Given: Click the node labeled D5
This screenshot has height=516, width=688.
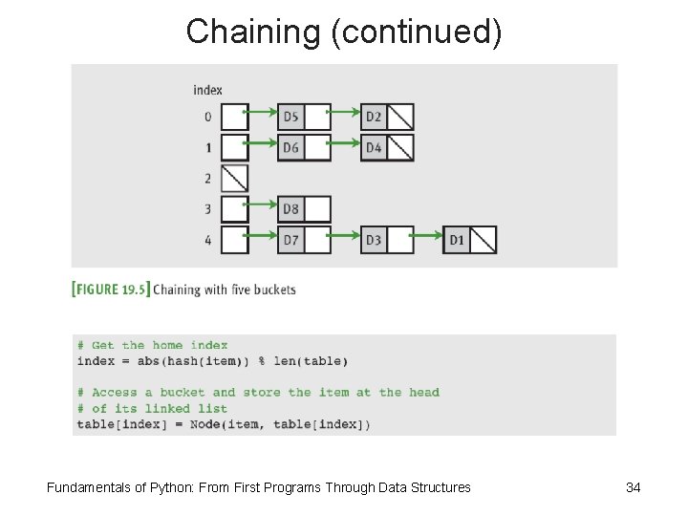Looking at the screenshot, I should [x=291, y=117].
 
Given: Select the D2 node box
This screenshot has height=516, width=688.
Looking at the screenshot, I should [x=374, y=117].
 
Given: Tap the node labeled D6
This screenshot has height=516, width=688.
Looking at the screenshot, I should [x=291, y=148].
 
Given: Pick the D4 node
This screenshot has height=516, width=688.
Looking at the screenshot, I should [x=374, y=148].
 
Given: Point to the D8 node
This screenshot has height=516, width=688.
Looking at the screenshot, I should [x=291, y=209].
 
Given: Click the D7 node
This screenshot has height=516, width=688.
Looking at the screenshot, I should [x=291, y=240].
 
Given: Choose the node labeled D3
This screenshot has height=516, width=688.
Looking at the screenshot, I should [x=374, y=240].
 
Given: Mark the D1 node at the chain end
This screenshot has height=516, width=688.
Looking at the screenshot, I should [x=457, y=240].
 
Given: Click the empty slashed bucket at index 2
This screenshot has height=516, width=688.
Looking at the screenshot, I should [x=234, y=179].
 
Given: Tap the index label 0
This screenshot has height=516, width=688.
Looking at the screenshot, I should [x=207, y=118].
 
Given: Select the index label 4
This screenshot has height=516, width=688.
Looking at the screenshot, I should [x=207, y=240].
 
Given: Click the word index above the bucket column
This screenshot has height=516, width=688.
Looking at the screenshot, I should [x=207, y=90].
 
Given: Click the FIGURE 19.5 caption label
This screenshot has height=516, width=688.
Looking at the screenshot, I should [x=111, y=290].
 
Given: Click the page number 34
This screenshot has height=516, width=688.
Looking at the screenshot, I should [x=633, y=487].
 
